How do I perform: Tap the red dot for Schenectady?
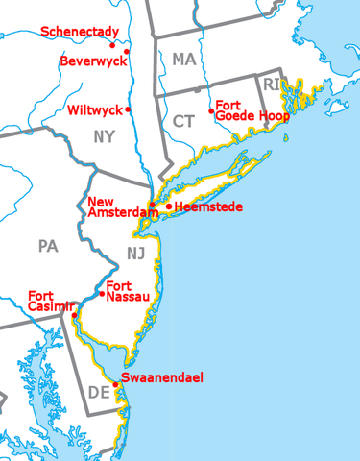(x=112, y=44)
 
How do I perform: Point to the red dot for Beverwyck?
(x=128, y=52)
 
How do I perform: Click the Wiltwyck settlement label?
(x=95, y=109)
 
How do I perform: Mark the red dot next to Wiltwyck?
(x=128, y=109)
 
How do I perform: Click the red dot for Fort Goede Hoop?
(x=211, y=111)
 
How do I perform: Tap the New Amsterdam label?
(x=116, y=207)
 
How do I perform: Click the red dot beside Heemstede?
(x=169, y=206)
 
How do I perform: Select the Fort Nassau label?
(x=129, y=291)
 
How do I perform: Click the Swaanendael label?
(x=162, y=377)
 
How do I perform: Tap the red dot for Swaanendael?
(x=116, y=384)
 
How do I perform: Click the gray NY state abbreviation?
(x=104, y=136)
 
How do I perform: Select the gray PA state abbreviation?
(x=49, y=246)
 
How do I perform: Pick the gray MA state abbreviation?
(x=183, y=60)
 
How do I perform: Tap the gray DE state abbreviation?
(x=98, y=392)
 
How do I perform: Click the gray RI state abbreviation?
(x=270, y=84)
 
